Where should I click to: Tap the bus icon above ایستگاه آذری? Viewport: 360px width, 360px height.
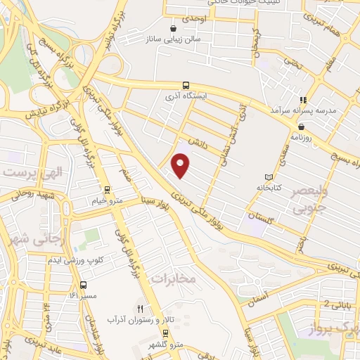click(x=186, y=83)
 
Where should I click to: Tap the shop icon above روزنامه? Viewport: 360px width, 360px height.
click(x=301, y=127)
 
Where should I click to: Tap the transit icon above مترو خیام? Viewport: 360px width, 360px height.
click(x=107, y=188)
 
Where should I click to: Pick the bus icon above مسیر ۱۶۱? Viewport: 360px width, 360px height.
click(x=84, y=285)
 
